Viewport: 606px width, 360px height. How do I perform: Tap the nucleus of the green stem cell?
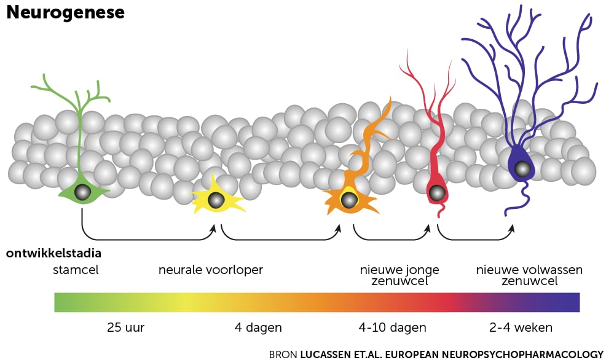tap(82, 193)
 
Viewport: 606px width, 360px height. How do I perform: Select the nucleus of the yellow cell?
tap(216, 200)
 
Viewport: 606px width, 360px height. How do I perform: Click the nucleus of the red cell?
tap(436, 193)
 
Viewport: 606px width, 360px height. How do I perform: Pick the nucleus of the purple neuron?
tap(522, 168)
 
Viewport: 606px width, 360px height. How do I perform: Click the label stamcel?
tap(76, 270)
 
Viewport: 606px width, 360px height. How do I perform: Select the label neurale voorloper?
tap(211, 270)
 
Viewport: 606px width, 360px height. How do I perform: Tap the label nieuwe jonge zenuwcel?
tap(399, 275)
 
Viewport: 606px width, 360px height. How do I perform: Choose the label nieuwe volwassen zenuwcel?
tap(530, 275)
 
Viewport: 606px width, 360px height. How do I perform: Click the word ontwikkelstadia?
tap(54, 253)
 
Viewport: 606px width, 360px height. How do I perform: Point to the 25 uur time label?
tap(125, 327)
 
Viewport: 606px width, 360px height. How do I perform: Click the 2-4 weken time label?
tap(521, 327)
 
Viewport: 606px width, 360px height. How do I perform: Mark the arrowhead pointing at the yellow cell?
tap(213, 228)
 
